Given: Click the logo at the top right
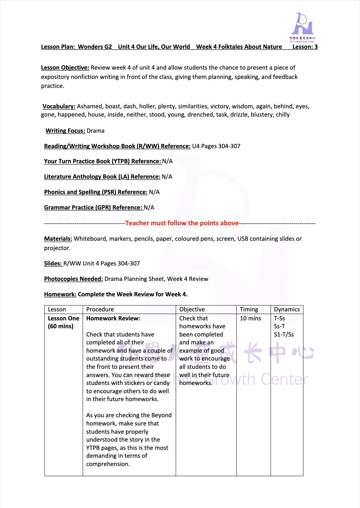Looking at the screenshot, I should (x=302, y=27).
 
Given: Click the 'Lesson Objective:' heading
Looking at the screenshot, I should (x=65, y=67).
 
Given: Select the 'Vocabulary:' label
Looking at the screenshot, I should (x=59, y=106).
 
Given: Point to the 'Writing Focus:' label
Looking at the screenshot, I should (x=65, y=131).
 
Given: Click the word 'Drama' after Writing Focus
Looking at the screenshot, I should (x=96, y=131).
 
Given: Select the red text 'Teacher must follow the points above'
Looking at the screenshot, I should (x=182, y=223).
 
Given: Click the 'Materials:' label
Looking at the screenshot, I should (x=58, y=239).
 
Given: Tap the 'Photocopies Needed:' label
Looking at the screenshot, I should (x=74, y=279).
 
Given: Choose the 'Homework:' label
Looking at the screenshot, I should (x=60, y=295).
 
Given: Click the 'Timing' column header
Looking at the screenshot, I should (x=249, y=310).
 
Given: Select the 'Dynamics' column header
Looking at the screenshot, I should (x=287, y=310).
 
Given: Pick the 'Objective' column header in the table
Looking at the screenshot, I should (x=192, y=310).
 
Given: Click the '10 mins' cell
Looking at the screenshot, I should (x=250, y=319).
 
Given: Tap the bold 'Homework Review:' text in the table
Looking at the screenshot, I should (x=113, y=319).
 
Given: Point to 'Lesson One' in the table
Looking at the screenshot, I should (x=63, y=319).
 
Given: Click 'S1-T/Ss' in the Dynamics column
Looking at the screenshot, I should (x=284, y=335).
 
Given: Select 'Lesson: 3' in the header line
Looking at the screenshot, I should (x=305, y=47).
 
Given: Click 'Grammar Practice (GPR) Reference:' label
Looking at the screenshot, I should (x=93, y=208).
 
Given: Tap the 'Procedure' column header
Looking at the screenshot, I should (x=100, y=310).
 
